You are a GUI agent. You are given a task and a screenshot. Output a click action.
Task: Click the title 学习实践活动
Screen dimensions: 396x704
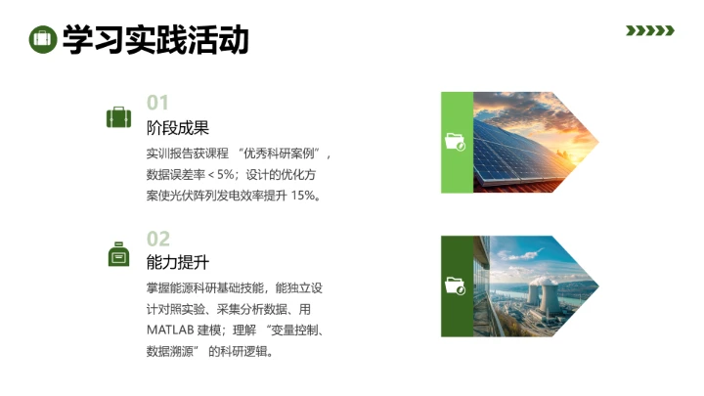coord(155,39)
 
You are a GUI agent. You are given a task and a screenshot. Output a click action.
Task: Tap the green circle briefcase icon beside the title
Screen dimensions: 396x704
coord(41,39)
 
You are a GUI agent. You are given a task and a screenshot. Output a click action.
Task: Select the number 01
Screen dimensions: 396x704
coord(158,103)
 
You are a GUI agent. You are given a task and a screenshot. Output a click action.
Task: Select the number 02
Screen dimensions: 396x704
coord(158,239)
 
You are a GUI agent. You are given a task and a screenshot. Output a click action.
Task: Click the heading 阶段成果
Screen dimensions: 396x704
coord(178,128)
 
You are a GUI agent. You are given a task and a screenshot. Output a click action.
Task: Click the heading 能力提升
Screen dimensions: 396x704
coord(178,263)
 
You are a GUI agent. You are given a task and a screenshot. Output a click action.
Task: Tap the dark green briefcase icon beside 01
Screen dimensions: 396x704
coord(118,118)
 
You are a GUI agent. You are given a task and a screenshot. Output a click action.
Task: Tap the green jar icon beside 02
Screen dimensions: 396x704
coord(118,253)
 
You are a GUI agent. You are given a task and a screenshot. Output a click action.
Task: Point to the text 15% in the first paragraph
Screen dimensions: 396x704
coord(304,196)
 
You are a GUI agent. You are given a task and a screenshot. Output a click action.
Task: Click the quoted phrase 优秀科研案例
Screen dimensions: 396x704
coord(286,154)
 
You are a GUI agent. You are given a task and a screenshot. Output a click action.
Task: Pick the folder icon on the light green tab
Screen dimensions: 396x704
coord(456,142)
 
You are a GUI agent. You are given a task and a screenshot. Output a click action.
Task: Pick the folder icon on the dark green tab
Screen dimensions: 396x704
coord(456,286)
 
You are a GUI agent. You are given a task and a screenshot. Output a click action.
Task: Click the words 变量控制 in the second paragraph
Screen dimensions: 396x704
coord(290,330)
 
